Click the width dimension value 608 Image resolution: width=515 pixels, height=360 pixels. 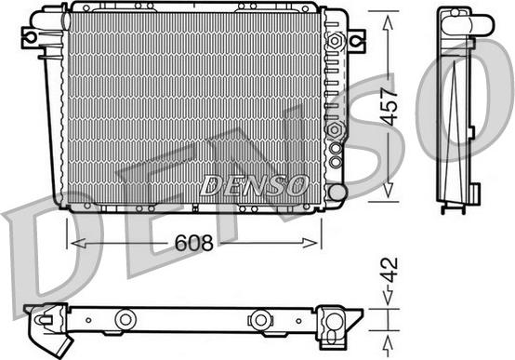click(x=193, y=243)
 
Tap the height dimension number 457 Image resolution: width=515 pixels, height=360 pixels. click(x=390, y=107)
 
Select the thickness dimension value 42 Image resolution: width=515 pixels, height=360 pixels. click(x=390, y=271)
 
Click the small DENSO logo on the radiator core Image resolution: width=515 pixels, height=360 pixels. click(x=255, y=185)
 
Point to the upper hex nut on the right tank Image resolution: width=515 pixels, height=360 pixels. click(x=335, y=41)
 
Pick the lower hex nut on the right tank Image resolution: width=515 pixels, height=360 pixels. click(x=335, y=129)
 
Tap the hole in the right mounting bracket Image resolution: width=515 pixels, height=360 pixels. click(x=356, y=41)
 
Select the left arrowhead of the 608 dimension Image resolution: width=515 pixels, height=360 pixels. click(x=79, y=243)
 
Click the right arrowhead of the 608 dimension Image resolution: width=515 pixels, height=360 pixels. click(x=310, y=243)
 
